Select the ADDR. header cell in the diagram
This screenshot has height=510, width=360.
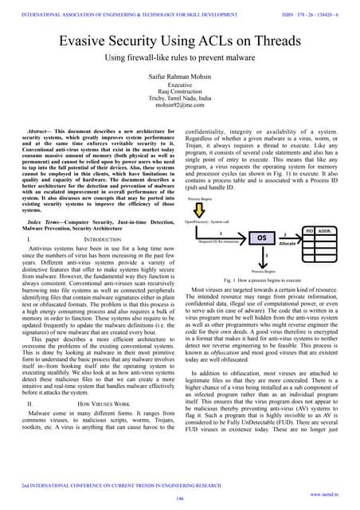pyautogui.click(x=325, y=207)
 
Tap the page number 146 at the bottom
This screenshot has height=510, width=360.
pyautogui.click(x=179, y=497)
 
